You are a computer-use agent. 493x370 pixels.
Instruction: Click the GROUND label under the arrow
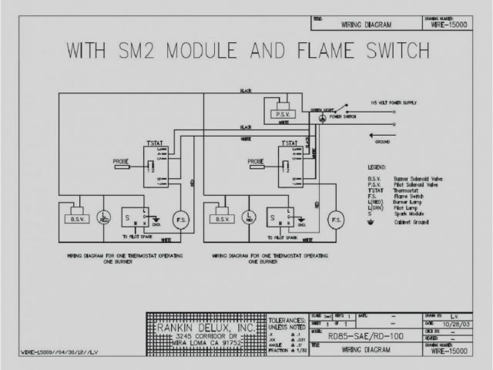tap(381, 143)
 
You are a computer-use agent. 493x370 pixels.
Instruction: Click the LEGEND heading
tap(378, 166)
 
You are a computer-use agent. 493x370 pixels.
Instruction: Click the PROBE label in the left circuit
tap(121, 162)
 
